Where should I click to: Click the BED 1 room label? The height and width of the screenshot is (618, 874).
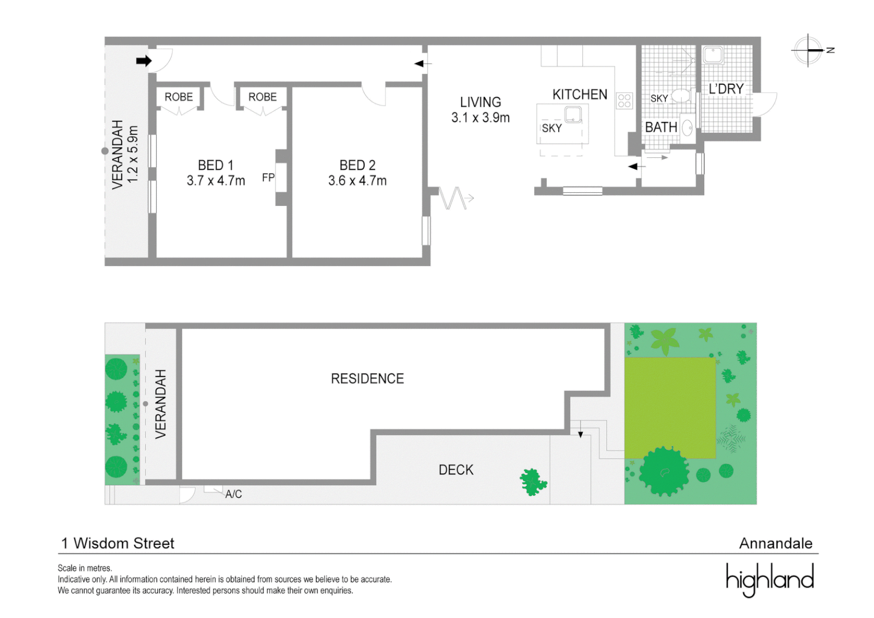click(x=216, y=165)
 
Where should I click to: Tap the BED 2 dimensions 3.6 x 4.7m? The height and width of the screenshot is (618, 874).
click(x=357, y=181)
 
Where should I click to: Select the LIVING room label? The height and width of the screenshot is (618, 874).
click(x=480, y=102)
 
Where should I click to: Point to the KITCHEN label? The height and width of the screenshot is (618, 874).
click(x=579, y=94)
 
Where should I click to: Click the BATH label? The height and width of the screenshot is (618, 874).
click(x=661, y=127)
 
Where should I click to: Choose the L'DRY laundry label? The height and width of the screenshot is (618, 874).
click(x=726, y=89)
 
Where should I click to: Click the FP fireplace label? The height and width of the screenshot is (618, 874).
click(x=268, y=177)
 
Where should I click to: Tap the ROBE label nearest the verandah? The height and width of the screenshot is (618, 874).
click(x=178, y=97)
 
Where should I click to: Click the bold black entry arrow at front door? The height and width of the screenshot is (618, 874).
click(x=144, y=61)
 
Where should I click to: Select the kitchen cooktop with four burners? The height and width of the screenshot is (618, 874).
click(x=624, y=101)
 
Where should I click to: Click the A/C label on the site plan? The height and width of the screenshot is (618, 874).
click(x=233, y=494)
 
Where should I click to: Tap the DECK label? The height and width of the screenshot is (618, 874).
click(x=456, y=470)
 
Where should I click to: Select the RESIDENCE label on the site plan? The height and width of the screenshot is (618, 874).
click(x=367, y=379)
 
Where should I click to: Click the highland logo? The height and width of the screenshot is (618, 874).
click(x=769, y=579)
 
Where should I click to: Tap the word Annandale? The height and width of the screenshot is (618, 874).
click(x=775, y=543)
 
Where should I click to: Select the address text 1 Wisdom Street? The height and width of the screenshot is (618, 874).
click(x=118, y=543)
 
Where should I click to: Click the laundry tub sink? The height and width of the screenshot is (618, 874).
click(x=713, y=56)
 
